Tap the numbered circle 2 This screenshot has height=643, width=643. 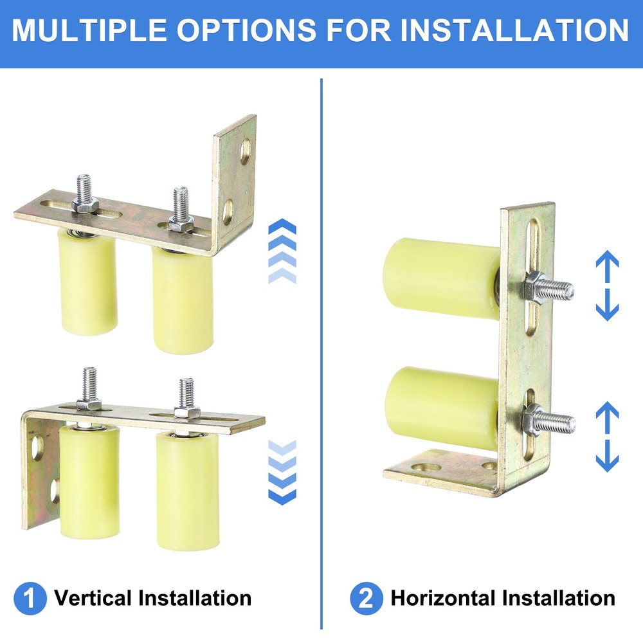pyautogui.click(x=366, y=599)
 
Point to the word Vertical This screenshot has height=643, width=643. pyautogui.click(x=94, y=599)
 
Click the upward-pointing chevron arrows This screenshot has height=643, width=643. pyautogui.click(x=282, y=251)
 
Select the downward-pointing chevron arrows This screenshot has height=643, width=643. pyautogui.click(x=282, y=472)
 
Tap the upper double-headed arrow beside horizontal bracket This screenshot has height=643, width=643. pyautogui.click(x=607, y=285)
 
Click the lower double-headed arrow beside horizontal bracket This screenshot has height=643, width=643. pyautogui.click(x=607, y=437)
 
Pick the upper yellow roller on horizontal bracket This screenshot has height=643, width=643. pyautogui.click(x=442, y=277)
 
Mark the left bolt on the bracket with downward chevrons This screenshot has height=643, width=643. pyautogui.click(x=89, y=389)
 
